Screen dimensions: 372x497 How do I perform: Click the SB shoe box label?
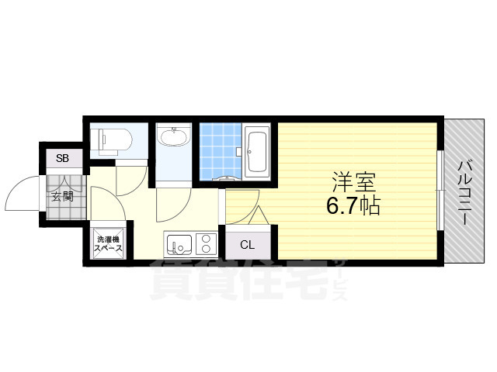[x=62, y=159]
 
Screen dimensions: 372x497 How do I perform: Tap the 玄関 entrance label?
[x=62, y=195]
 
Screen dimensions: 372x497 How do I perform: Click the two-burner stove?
[x=207, y=245]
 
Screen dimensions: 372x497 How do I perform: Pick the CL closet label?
[x=247, y=246]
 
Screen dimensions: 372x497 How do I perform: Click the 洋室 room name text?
[x=354, y=183]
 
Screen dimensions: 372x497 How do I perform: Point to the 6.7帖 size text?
[x=354, y=207]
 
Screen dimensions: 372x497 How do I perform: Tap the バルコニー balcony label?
[x=465, y=191]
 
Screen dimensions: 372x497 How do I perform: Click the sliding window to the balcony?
[x=440, y=191]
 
